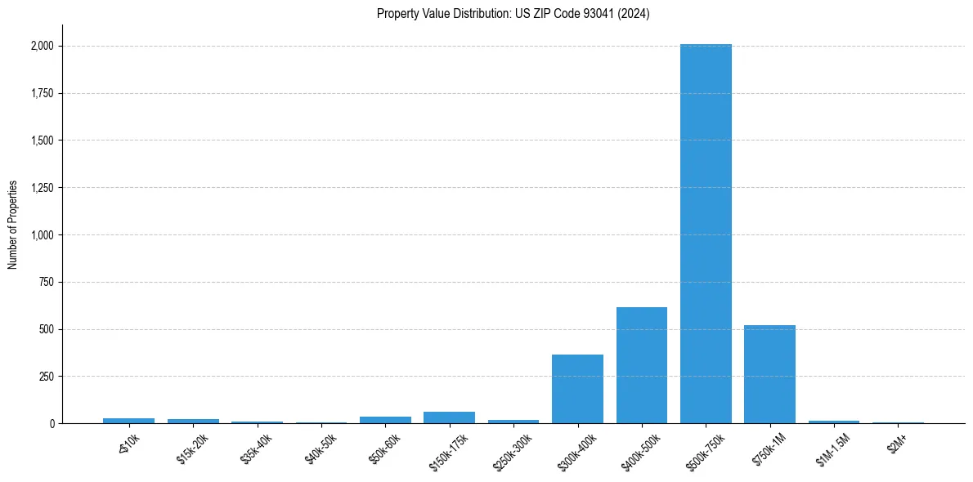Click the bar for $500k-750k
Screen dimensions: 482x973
pos(706,234)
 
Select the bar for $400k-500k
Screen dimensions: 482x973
pos(642,365)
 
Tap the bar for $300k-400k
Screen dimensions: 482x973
pos(577,389)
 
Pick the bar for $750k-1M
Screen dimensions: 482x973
pos(769,374)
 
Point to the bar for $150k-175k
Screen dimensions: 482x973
pos(449,417)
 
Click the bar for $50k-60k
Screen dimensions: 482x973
pos(385,420)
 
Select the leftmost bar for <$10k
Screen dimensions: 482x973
pos(128,421)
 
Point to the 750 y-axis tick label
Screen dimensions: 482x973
pos(46,283)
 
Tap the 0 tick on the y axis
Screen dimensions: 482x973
pos(52,424)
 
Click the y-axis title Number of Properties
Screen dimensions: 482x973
pos(12,225)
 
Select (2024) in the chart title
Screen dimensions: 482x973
pos(635,14)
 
